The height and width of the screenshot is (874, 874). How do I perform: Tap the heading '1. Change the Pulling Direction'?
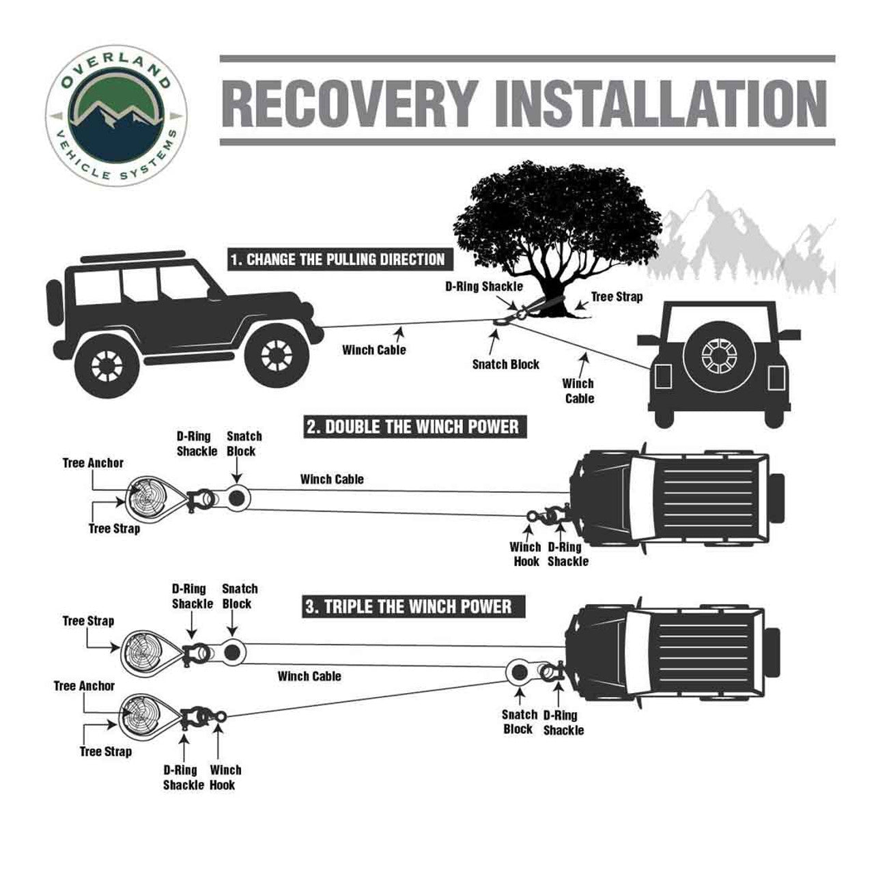click(x=337, y=259)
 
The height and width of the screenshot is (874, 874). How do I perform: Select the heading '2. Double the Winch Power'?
click(x=412, y=427)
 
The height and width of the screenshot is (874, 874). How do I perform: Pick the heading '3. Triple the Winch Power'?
click(x=408, y=606)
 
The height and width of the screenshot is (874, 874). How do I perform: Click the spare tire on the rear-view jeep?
click(x=717, y=355)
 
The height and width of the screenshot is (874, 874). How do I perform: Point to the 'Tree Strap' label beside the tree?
click(x=616, y=297)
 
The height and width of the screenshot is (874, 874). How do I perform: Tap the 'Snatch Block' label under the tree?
click(x=505, y=365)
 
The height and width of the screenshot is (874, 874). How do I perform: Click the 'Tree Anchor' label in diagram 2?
click(x=93, y=463)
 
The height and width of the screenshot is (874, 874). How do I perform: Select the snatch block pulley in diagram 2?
click(x=238, y=498)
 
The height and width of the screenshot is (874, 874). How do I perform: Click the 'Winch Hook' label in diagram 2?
click(x=524, y=554)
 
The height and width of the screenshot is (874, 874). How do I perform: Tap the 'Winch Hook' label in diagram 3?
click(x=225, y=777)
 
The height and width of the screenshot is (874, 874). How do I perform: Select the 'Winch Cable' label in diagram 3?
click(x=309, y=676)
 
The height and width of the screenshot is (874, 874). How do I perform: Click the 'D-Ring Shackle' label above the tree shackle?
click(x=483, y=286)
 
